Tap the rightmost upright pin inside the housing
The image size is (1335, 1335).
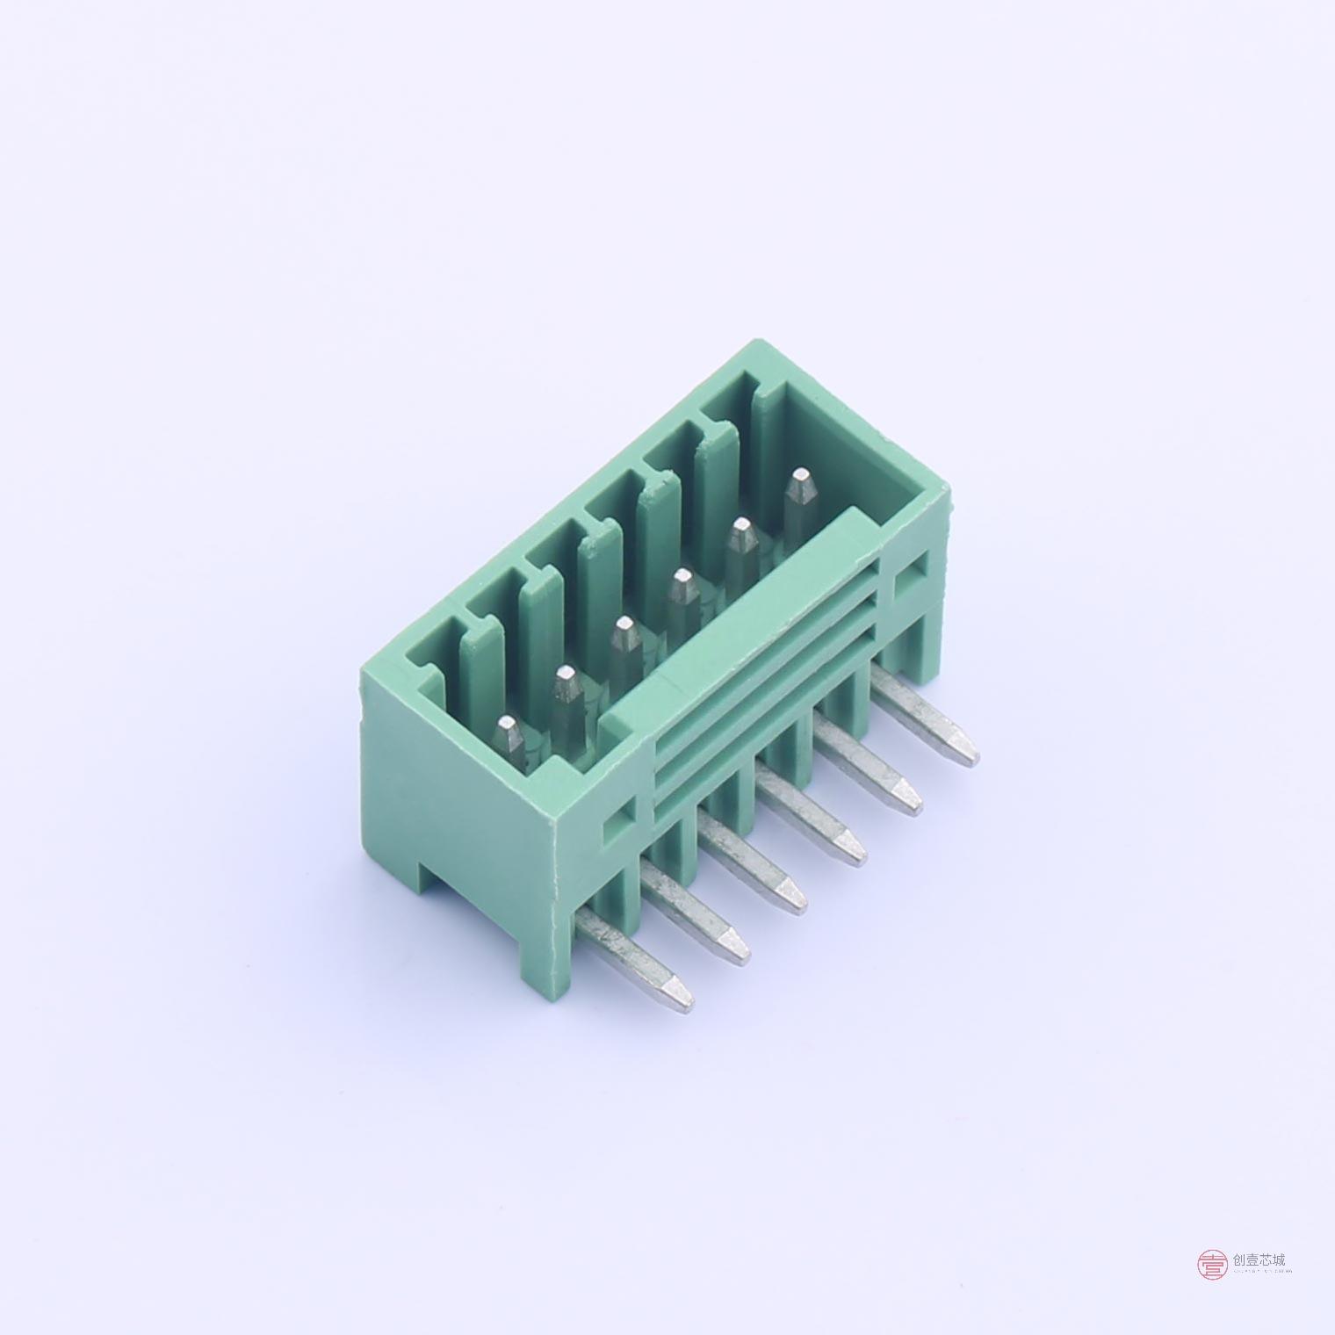tap(798, 496)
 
